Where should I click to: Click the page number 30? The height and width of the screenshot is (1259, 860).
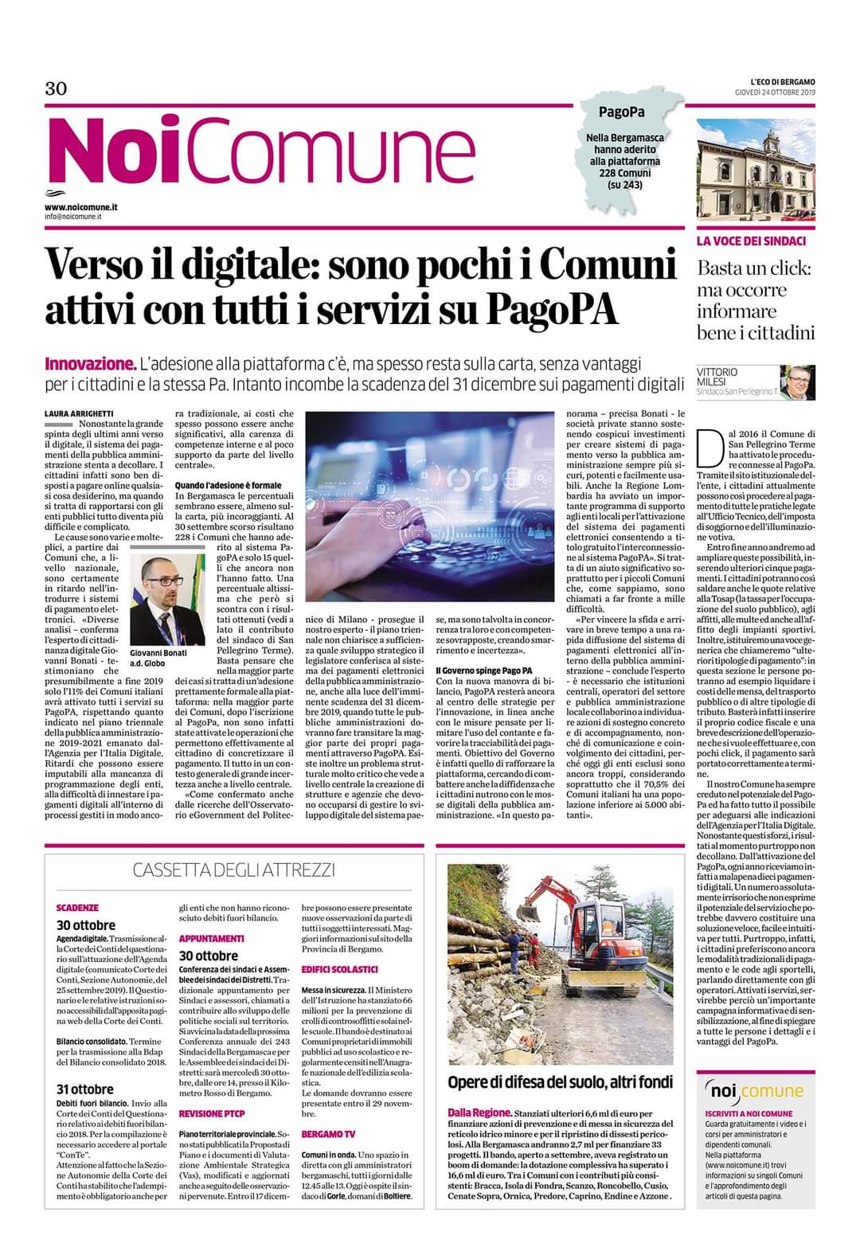pos(55,88)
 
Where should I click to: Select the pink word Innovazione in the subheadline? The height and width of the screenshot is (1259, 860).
pos(90,365)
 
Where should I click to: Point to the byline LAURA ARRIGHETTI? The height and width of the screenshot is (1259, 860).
pos(79,414)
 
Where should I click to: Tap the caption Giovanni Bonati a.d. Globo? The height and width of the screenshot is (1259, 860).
pos(158,658)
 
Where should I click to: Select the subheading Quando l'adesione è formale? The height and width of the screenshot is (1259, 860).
pos(228,485)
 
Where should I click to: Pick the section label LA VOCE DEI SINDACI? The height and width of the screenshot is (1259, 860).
pos(752,241)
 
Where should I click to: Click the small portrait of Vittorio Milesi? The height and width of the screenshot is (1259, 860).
pos(796,382)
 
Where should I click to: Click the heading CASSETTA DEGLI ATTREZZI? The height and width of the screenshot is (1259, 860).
pos(233,870)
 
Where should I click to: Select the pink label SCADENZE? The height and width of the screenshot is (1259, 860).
pos(77,907)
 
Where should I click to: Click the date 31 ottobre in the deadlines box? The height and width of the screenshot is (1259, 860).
pos(84,1089)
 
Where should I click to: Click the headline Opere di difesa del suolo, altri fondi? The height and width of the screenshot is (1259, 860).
pos(560,1081)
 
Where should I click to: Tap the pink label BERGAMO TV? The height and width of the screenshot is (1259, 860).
pos(328,1133)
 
